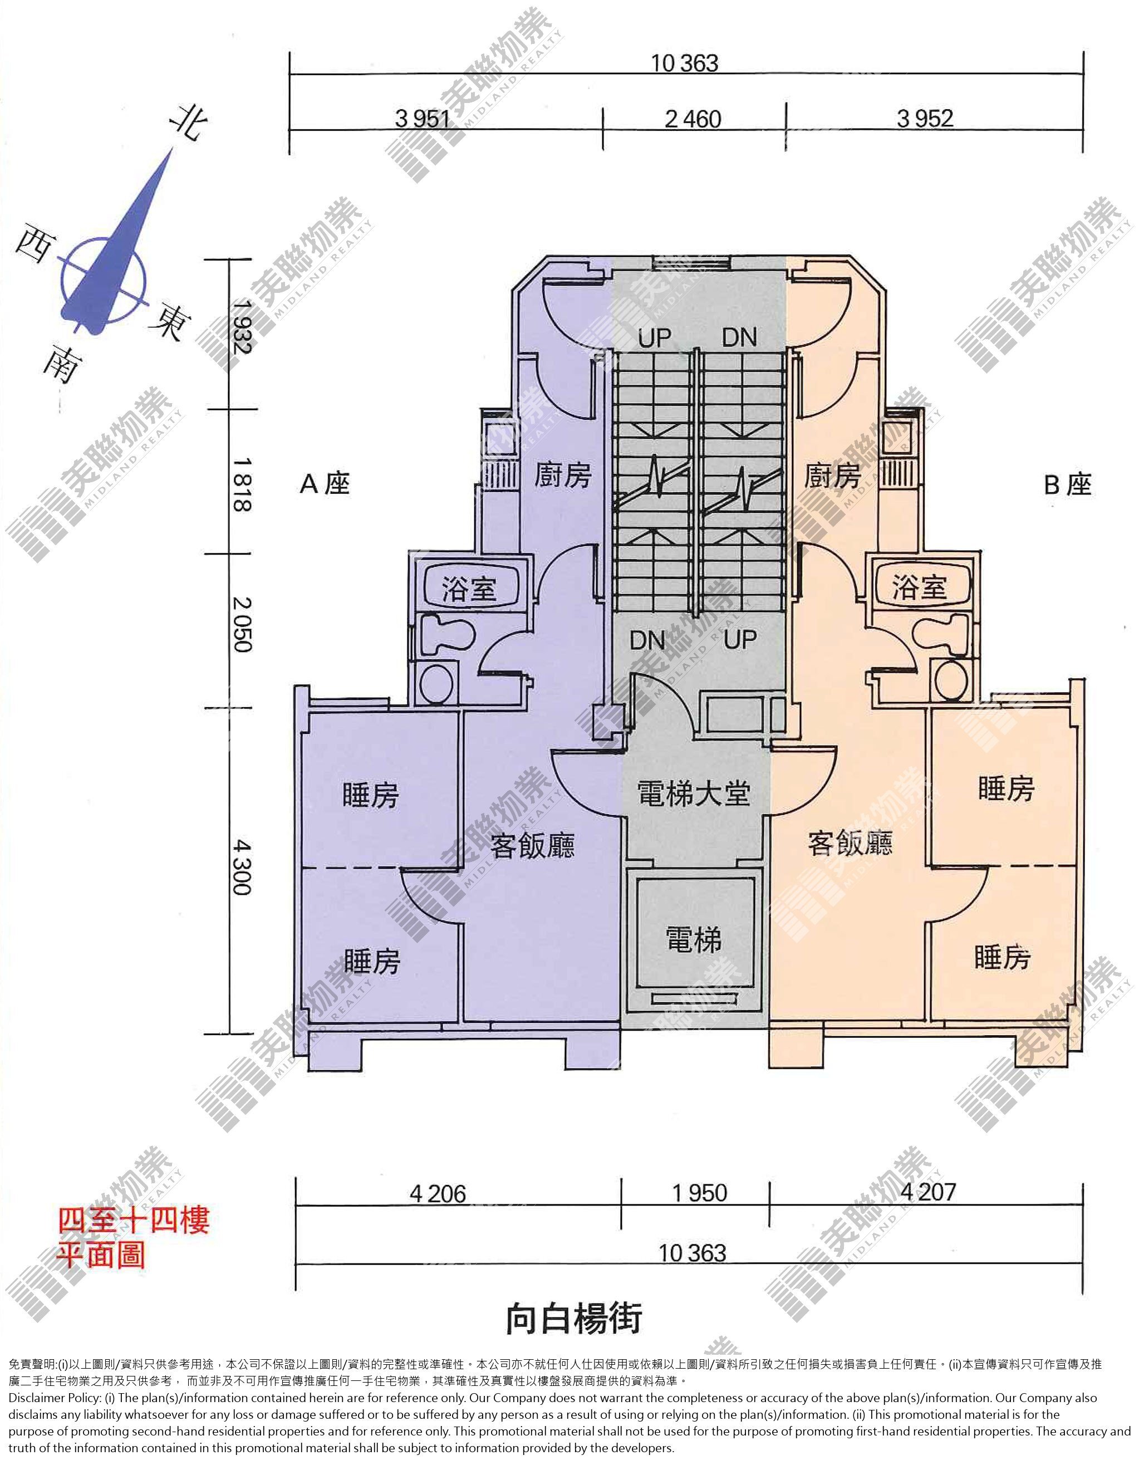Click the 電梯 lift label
[x=694, y=940]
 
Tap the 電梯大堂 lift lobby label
[x=694, y=794]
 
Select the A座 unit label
[x=325, y=484]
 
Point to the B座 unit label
[x=1067, y=485]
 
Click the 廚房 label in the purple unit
[x=563, y=475]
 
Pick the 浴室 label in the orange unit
[x=919, y=587]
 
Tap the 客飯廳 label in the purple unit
[x=532, y=845]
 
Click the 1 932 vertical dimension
[x=242, y=327]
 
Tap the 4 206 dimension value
[x=438, y=1194]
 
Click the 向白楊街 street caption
[x=574, y=1318]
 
